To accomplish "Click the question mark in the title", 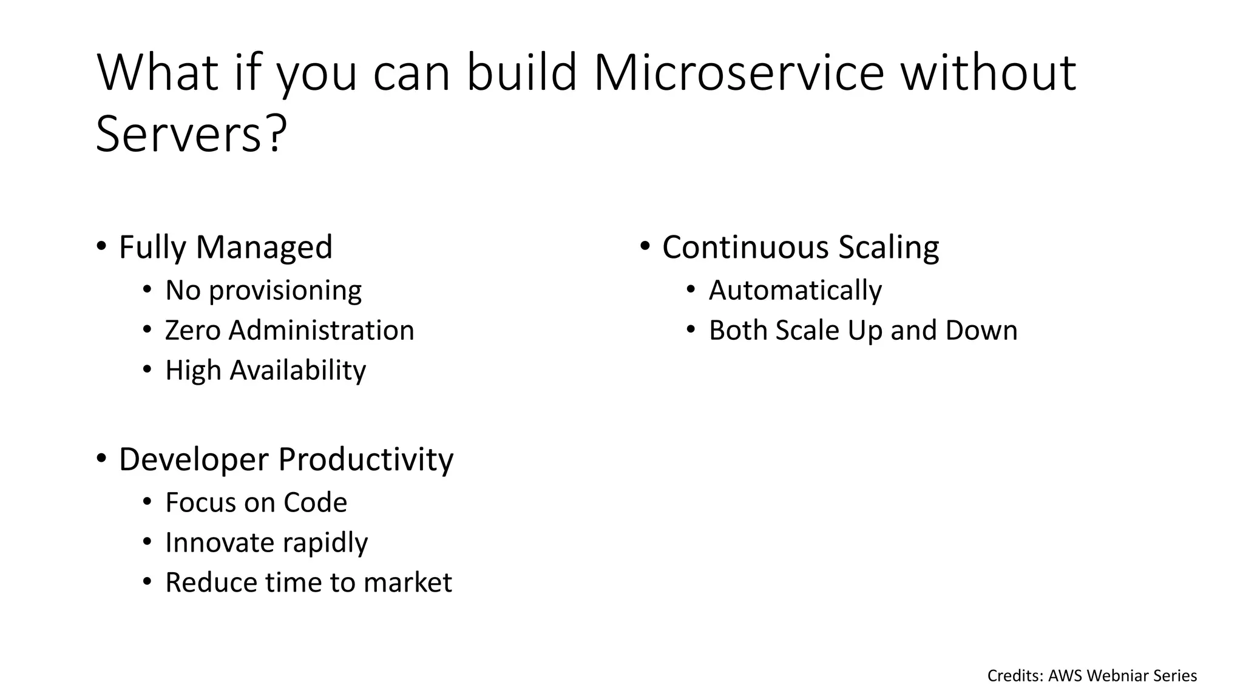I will pos(275,135).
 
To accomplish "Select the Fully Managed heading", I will pos(225,248).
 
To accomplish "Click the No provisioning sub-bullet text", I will pos(263,291).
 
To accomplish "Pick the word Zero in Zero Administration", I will pos(192,331).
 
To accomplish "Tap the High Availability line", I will pos(265,370).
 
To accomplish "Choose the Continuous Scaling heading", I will pos(800,248).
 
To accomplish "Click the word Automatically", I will pos(795,291).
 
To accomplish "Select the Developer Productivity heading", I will pos(285,459).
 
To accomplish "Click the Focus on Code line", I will pos(256,503).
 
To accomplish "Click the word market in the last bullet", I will pos(407,582).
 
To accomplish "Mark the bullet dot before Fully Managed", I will pos(101,246).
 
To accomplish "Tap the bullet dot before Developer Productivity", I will pos(101,458).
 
